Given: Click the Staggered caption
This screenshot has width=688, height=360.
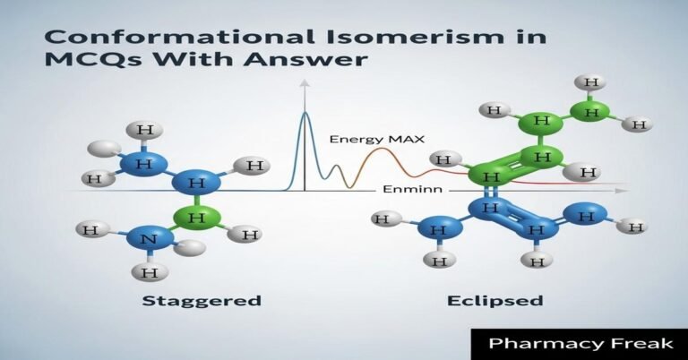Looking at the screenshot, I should coord(202,300).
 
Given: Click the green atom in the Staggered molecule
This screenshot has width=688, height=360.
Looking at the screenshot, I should coord(203,217).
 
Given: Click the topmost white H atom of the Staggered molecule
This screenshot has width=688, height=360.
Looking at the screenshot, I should coord(144,132).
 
